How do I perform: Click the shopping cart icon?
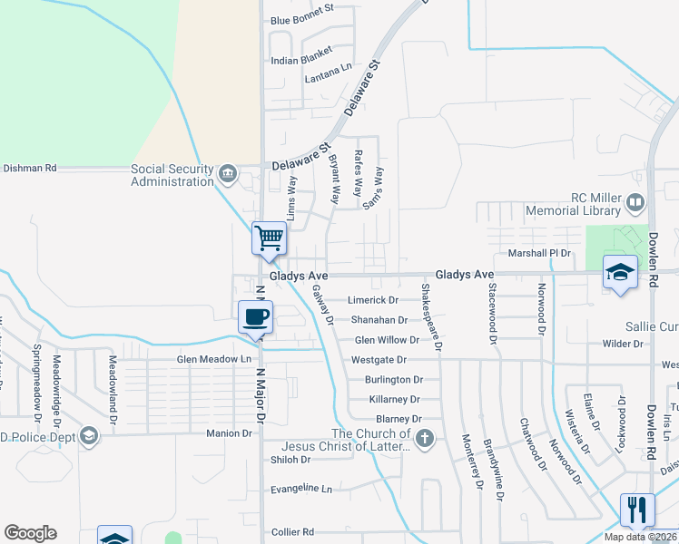click(x=269, y=238)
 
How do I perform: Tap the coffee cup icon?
click(x=255, y=316)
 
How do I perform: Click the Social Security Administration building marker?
click(x=227, y=172)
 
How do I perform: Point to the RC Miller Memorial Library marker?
click(x=635, y=202)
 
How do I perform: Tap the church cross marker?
click(x=425, y=439)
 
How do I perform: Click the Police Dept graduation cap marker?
click(x=88, y=437)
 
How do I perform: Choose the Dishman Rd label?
click(x=30, y=168)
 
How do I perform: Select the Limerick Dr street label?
click(x=374, y=300)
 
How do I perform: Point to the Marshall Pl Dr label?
click(x=539, y=253)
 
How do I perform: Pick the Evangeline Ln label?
click(x=302, y=489)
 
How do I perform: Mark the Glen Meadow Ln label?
click(x=213, y=360)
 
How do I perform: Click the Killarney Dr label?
click(x=395, y=399)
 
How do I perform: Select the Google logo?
click(x=30, y=533)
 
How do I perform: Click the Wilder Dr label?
click(x=623, y=344)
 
